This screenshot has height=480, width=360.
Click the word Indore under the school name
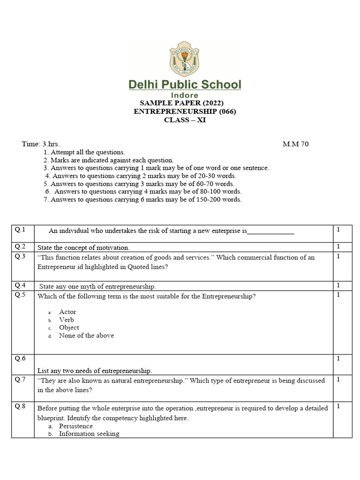[x=185, y=95]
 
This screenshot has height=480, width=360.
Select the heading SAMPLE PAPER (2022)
[x=182, y=103]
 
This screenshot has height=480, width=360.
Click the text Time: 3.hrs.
[x=41, y=144]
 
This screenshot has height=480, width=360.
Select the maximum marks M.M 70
[x=295, y=144]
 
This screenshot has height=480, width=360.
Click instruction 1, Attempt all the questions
[x=84, y=152]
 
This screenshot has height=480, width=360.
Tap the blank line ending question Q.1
[x=270, y=231]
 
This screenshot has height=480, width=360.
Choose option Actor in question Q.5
[x=67, y=312]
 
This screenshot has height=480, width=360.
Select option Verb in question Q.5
[x=67, y=320]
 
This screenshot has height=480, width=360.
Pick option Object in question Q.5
[x=69, y=327]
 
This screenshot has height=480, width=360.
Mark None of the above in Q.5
[x=86, y=335]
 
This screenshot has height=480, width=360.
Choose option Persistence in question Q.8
[x=75, y=426]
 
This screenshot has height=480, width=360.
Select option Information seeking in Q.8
[x=89, y=434]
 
